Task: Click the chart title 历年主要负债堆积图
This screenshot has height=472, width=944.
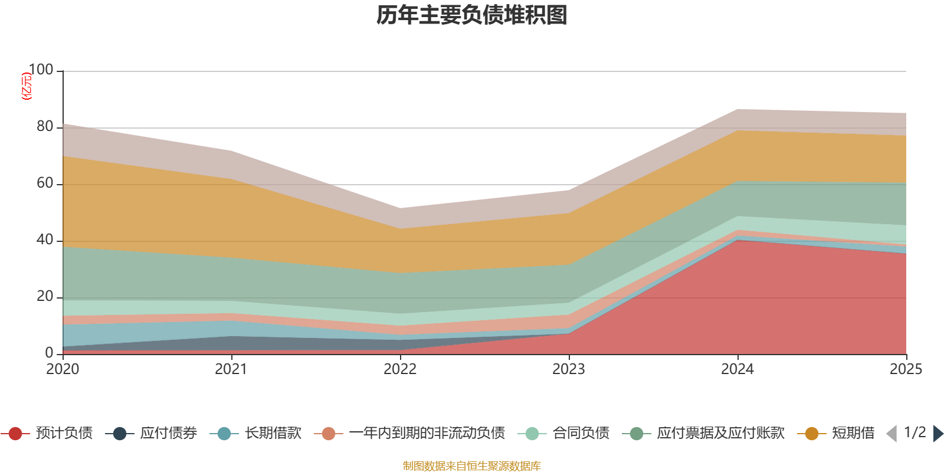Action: coord(472,15)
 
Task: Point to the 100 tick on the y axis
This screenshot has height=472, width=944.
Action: coord(41,70)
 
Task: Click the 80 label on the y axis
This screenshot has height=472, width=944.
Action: coord(45,126)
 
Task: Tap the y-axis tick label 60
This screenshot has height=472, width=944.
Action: coord(45,183)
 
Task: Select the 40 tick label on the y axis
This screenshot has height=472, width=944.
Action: coord(45,240)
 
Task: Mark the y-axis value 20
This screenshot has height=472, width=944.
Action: coord(45,296)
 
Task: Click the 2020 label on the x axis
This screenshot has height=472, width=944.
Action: coord(63,369)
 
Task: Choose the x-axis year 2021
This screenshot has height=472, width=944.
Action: coord(231,369)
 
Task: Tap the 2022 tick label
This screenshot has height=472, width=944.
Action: coord(399,369)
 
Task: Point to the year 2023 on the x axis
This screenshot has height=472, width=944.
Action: coord(568,369)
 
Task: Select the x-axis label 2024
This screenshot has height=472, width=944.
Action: coord(737,369)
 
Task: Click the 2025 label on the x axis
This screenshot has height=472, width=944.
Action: coord(905,369)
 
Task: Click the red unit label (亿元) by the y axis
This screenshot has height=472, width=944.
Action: coord(27,86)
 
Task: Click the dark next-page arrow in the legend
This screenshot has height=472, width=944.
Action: coord(938,434)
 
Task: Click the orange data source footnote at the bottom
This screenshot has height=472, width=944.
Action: coord(472,466)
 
